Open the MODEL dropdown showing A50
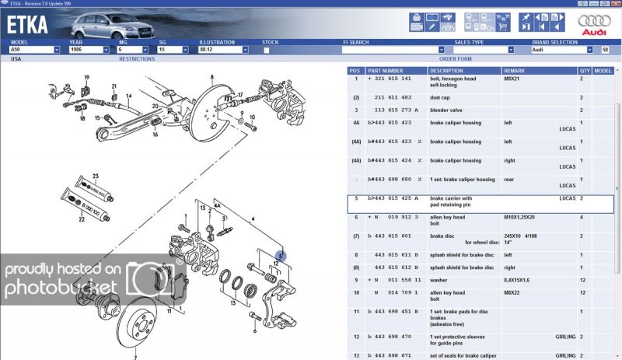[34, 50]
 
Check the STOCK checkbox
[267, 50]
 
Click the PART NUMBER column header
[386, 71]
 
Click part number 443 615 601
[397, 236]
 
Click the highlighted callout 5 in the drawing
[281, 255]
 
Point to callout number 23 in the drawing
[96, 176]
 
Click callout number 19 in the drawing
[87, 77]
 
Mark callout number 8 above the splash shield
[211, 78]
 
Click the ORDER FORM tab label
[455, 59]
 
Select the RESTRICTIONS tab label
[137, 59]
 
